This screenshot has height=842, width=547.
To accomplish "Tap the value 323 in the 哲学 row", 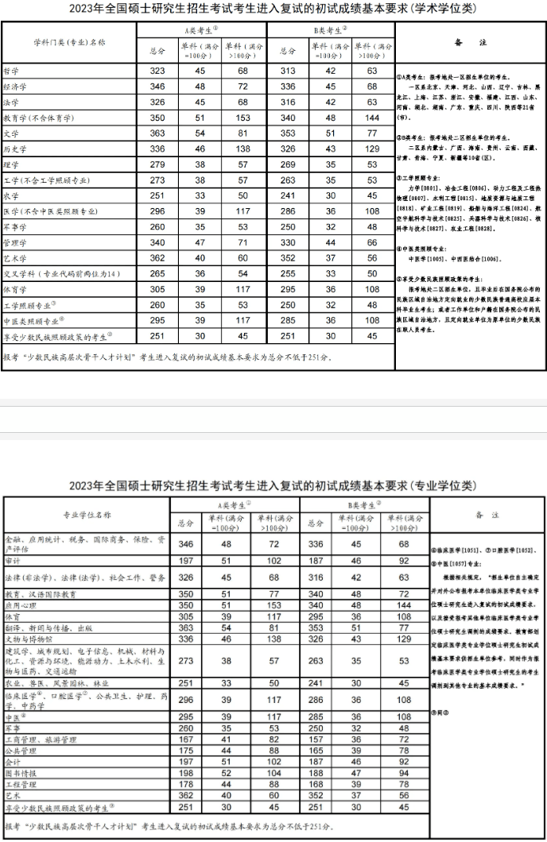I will point(157,71).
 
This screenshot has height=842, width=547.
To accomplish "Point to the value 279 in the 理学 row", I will point(157,164).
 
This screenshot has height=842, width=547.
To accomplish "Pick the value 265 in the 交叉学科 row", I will point(157,273).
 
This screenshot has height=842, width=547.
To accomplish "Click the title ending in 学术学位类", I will point(273,10).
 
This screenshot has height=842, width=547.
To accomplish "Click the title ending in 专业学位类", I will point(273,485).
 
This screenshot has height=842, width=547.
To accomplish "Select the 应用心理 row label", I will point(19,604).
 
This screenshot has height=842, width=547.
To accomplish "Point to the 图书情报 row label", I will point(19,771).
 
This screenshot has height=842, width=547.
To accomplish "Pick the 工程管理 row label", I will point(19,782).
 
